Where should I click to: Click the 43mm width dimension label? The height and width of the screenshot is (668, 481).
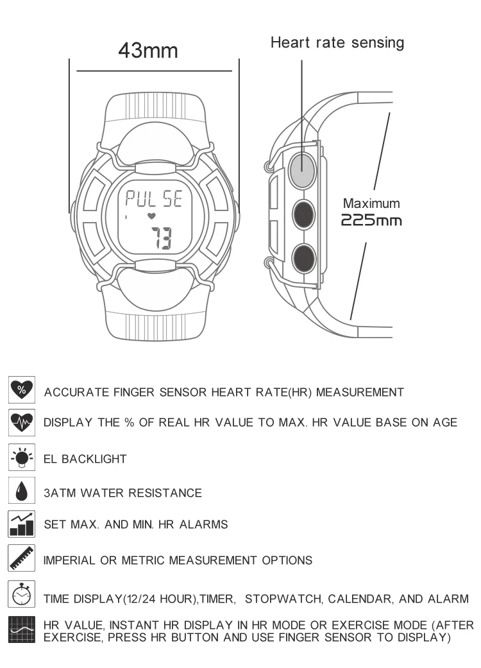pos(148,50)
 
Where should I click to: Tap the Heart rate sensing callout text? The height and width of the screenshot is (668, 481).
pos(337,42)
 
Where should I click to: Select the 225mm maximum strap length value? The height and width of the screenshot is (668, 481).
pos(371,220)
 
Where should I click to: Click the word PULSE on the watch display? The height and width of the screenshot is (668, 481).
pos(154,198)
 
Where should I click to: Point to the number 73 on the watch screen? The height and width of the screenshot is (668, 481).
pos(162,238)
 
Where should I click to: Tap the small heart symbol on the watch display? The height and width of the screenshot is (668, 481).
pos(151,216)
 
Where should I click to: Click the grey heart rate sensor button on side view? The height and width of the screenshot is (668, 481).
pos(302,171)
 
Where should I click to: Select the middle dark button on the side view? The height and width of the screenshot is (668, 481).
pos(303,215)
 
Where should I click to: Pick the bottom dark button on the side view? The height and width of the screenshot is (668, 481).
pos(303,259)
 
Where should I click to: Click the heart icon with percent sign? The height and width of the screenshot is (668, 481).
pos(22,389)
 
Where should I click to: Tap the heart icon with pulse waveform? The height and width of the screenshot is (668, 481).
pos(22,422)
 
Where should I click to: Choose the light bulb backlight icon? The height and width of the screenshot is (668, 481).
pos(22,457)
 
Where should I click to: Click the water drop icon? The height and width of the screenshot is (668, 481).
pos(22,490)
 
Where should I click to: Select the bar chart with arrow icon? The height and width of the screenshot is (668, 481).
pos(22,524)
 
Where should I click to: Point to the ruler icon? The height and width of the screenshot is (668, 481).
pos(22,558)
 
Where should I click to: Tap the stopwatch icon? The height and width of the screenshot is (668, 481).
pos(22,594)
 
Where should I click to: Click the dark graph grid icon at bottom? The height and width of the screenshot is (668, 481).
pos(22,629)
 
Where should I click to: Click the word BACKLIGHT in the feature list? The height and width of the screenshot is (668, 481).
pos(94,459)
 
